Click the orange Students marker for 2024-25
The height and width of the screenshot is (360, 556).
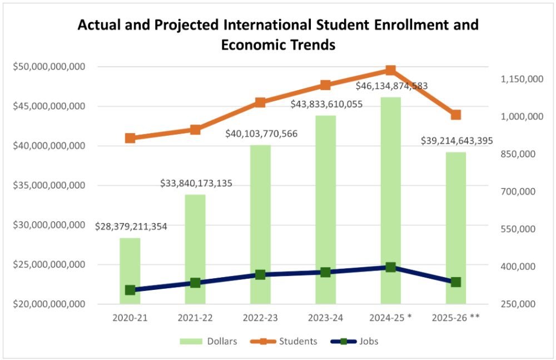[x=390, y=70]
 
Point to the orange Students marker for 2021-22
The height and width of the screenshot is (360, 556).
[x=195, y=130]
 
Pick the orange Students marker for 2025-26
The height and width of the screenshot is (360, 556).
[x=456, y=115]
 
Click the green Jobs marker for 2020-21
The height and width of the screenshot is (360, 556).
[x=130, y=290]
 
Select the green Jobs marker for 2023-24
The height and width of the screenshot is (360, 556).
[x=325, y=272]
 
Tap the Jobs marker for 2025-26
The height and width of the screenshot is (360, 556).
[x=456, y=282]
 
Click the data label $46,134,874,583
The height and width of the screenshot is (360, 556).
[x=392, y=86]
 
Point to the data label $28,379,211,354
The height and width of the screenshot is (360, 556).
[x=131, y=226]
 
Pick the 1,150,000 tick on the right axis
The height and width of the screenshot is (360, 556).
[x=522, y=79]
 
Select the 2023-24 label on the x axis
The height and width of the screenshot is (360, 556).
[x=325, y=318]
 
